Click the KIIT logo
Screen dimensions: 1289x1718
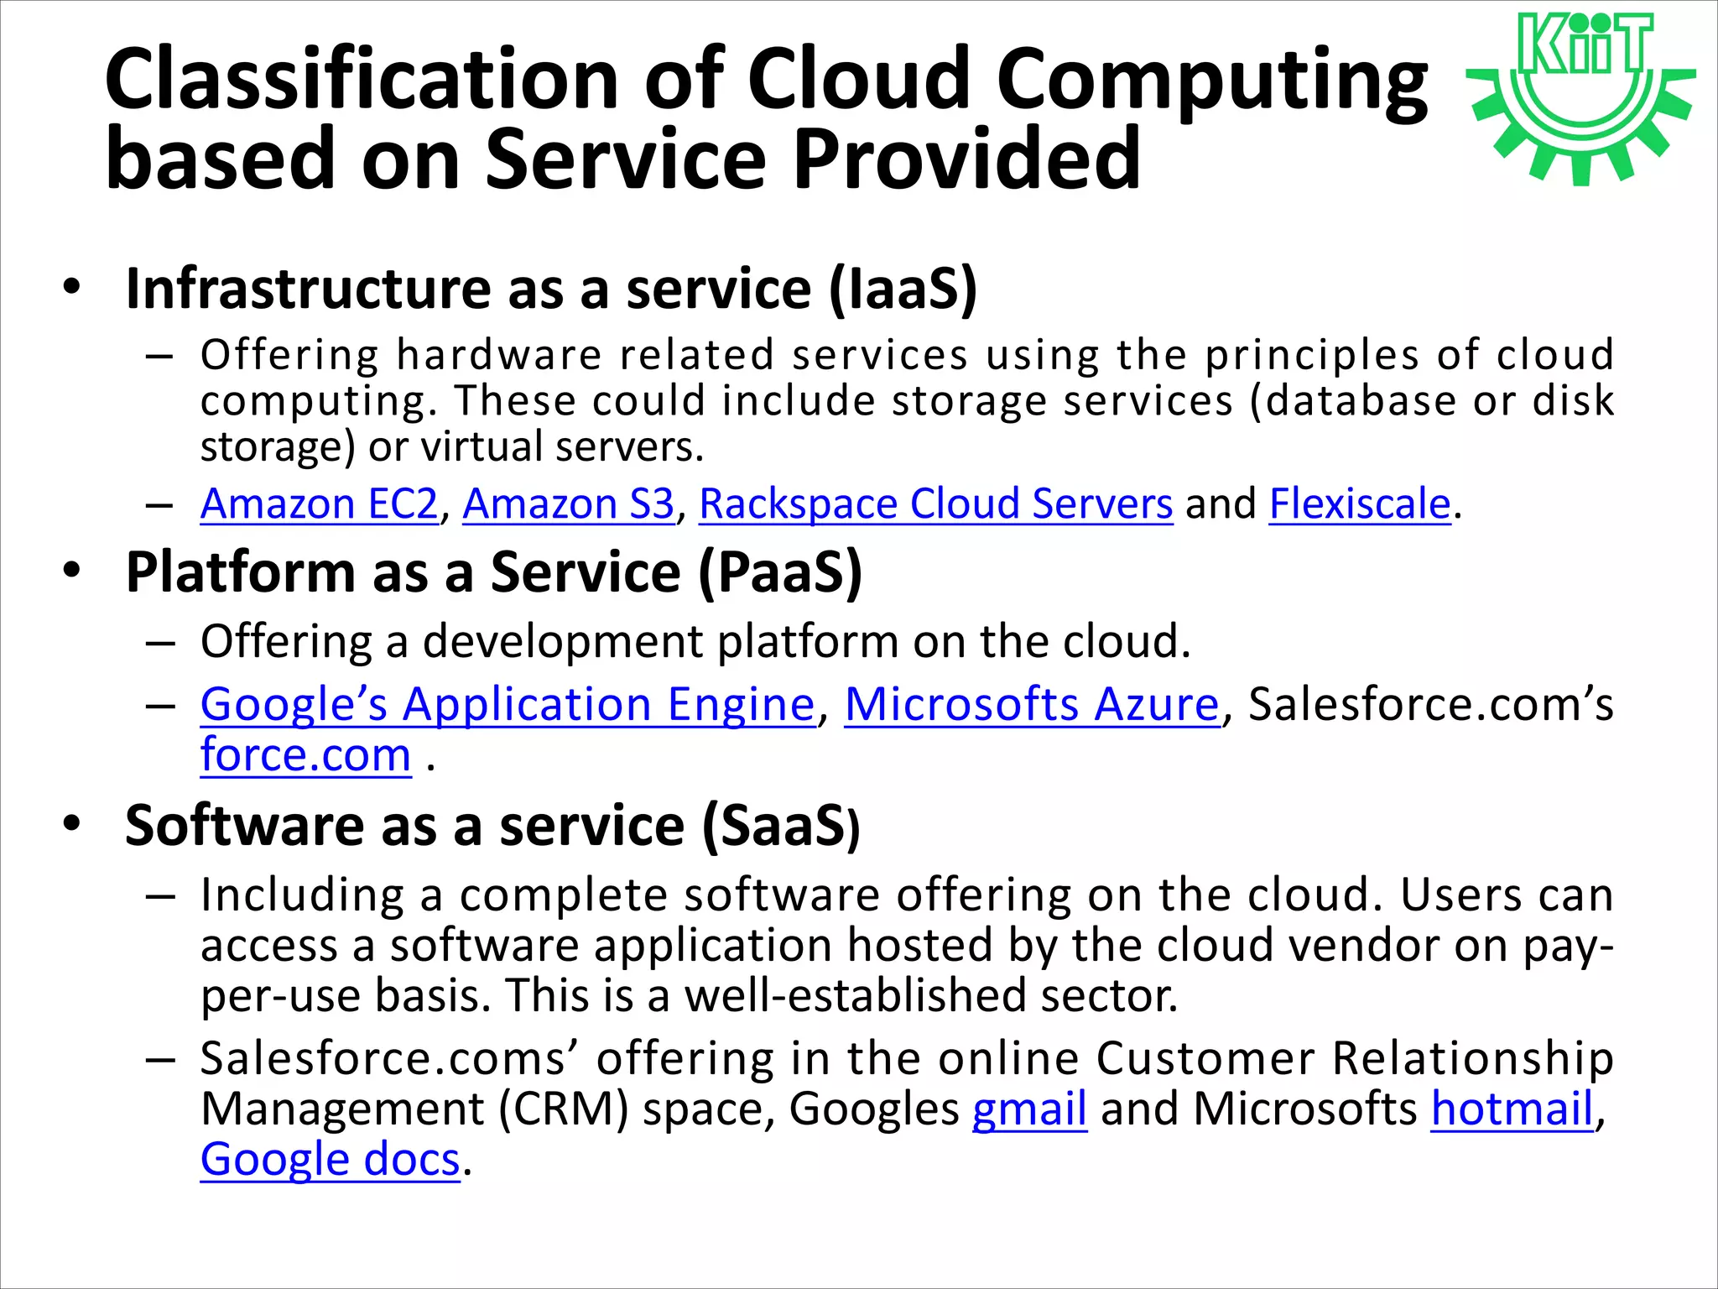[x=1581, y=97]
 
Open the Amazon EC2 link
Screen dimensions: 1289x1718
[x=319, y=504]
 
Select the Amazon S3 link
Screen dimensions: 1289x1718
[x=568, y=504]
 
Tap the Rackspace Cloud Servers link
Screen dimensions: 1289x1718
[x=935, y=504]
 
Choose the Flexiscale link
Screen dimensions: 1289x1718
[x=1359, y=504]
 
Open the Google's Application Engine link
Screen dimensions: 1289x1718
[x=508, y=704]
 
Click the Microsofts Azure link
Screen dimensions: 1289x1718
[x=1031, y=704]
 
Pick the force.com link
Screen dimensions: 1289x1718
[x=305, y=755]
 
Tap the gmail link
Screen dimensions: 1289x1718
[x=1029, y=1109]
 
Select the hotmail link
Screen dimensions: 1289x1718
[x=1512, y=1109]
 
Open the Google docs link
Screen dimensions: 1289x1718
[x=330, y=1160]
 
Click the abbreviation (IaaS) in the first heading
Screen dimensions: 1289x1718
[x=903, y=290]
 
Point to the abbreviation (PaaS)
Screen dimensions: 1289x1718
[x=779, y=573]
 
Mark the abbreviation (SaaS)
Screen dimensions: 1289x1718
[x=781, y=827]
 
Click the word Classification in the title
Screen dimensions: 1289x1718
[x=361, y=80]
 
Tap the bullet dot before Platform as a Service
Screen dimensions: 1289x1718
[x=72, y=571]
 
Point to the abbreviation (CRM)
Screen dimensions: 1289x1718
[x=563, y=1109]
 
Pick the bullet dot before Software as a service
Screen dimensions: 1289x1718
[x=72, y=824]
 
